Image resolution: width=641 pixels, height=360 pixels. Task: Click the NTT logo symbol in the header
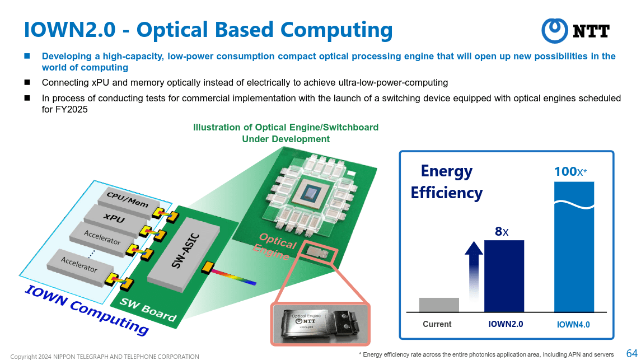[555, 30]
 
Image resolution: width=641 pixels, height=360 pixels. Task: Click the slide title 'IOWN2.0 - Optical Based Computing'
[208, 30]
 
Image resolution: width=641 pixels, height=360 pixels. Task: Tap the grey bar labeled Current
[439, 305]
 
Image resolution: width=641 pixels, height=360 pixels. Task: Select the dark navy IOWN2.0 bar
[504, 276]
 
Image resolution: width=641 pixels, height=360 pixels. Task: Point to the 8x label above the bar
[502, 230]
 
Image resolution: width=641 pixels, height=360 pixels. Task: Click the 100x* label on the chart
[570, 171]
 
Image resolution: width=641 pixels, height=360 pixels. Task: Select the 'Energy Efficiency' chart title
[446, 181]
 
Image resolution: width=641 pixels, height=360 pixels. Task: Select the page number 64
[631, 353]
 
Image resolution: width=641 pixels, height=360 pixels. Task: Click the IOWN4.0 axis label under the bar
[573, 324]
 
